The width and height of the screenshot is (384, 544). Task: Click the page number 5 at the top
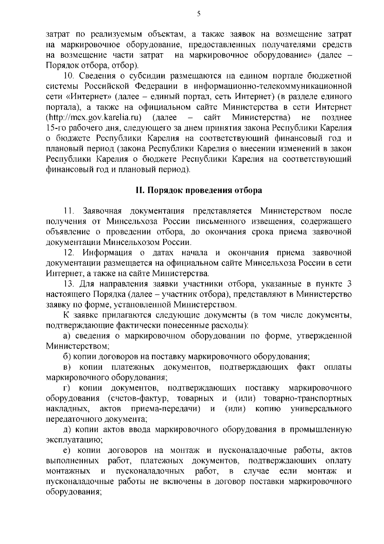coord(199,13)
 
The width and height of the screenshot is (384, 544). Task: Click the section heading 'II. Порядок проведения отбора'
coord(198,190)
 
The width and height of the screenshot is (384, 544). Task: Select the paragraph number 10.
coord(69,76)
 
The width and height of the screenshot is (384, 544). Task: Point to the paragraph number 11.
coord(69,211)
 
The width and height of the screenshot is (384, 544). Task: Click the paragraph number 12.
coord(69,253)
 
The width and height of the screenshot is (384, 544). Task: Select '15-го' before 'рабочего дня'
coord(56,128)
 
